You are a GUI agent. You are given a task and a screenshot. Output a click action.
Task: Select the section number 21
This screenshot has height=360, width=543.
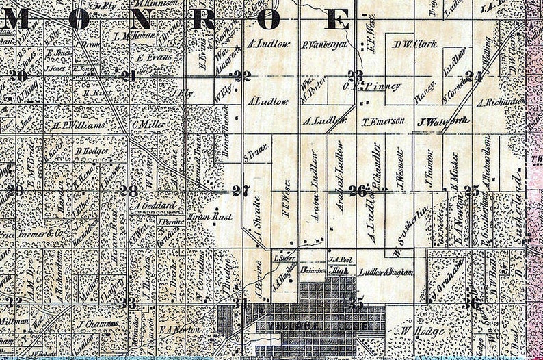coord(128,76)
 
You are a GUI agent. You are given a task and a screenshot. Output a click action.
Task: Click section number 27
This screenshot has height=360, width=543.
coord(239,191)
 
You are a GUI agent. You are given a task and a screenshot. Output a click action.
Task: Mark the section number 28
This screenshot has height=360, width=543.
coord(128,191)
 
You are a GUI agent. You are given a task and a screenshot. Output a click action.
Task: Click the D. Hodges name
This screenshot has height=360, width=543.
coord(92,151)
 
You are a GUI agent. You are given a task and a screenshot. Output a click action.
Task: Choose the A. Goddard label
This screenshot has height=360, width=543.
coord(156,205)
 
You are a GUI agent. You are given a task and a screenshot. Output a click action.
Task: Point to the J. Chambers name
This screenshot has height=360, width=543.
coord(100,324)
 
